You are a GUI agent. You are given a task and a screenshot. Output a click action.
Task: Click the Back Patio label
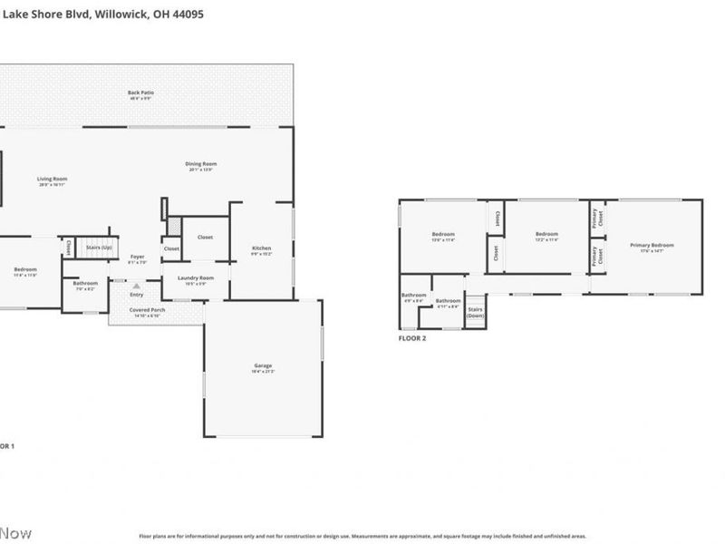tap(139, 94)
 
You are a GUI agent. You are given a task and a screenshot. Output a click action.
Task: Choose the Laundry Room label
tap(195, 279)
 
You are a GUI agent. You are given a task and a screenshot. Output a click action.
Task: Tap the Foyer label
tap(137, 258)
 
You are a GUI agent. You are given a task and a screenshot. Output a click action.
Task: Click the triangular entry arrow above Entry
tap(137, 286)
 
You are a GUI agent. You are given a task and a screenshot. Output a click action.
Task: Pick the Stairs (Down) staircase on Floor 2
tap(475, 311)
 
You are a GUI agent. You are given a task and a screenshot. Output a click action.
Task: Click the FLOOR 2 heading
tap(412, 338)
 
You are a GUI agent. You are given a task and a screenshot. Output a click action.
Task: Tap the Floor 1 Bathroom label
tap(85, 285)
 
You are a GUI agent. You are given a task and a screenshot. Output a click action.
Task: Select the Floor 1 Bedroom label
tap(25, 271)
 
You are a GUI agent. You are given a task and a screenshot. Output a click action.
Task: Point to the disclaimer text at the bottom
tap(362, 536)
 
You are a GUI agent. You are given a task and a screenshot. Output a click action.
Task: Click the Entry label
tap(137, 295)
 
